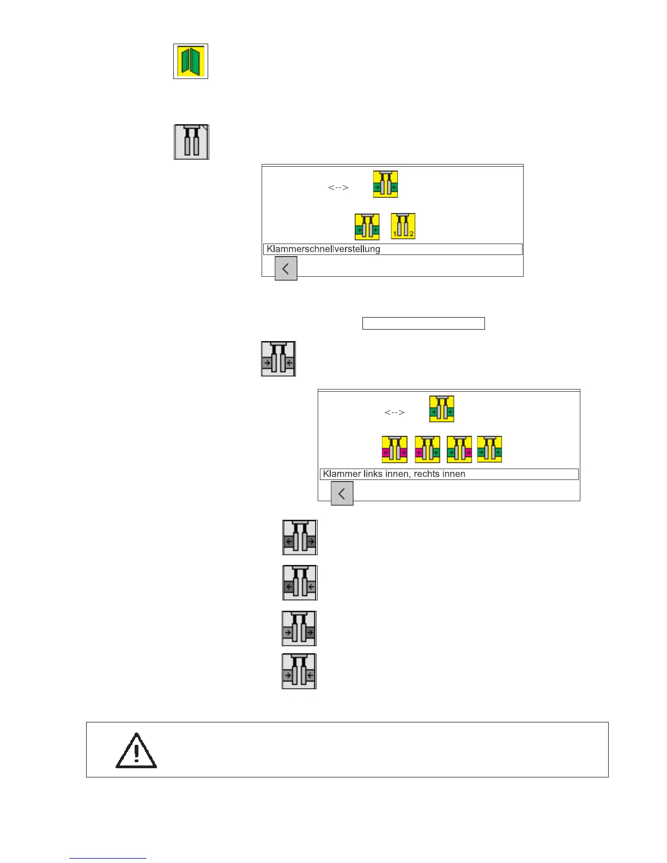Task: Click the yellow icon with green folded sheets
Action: (x=191, y=61)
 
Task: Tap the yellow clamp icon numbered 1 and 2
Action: (x=403, y=226)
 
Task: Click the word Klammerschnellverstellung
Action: (x=323, y=249)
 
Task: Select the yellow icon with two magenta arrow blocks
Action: (x=395, y=449)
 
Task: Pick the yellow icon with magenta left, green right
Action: (x=427, y=449)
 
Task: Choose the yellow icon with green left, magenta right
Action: (x=459, y=449)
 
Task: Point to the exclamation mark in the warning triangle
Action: (x=136, y=752)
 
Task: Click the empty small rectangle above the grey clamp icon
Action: (x=423, y=324)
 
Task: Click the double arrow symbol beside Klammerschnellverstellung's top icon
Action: (x=338, y=187)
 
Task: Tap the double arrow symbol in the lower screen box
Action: (x=395, y=412)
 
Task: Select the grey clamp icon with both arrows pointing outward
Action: (x=300, y=538)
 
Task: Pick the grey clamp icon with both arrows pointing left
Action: (x=300, y=583)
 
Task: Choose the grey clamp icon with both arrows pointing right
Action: (x=299, y=628)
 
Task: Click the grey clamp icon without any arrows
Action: (x=191, y=142)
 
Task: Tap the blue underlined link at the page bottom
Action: (x=108, y=858)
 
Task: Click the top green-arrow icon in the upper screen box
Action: (x=385, y=184)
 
